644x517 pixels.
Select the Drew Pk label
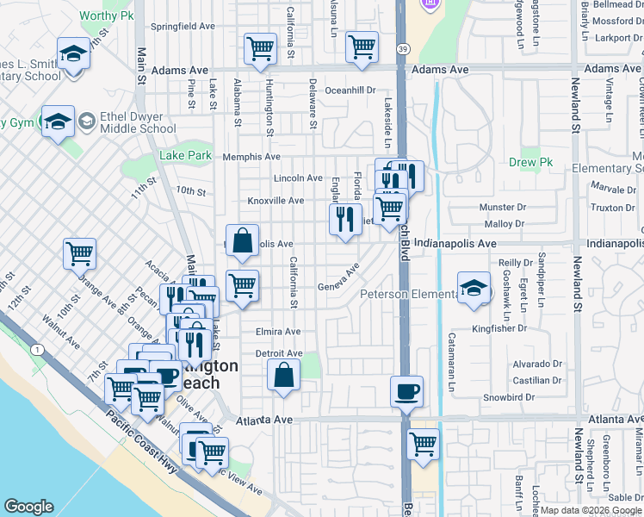529,162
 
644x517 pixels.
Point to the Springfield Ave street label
183,27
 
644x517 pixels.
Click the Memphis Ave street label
251,157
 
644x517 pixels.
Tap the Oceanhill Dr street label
350,90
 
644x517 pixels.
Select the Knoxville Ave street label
276,201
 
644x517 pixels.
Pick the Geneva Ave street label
338,280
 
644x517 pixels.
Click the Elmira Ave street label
277,332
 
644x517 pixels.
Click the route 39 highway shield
403,50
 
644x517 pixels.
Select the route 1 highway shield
38,349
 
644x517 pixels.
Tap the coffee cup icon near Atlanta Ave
406,391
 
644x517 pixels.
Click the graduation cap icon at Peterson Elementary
473,289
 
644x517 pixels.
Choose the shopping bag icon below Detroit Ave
284,376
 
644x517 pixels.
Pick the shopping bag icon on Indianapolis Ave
243,241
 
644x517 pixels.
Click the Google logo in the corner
29,507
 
